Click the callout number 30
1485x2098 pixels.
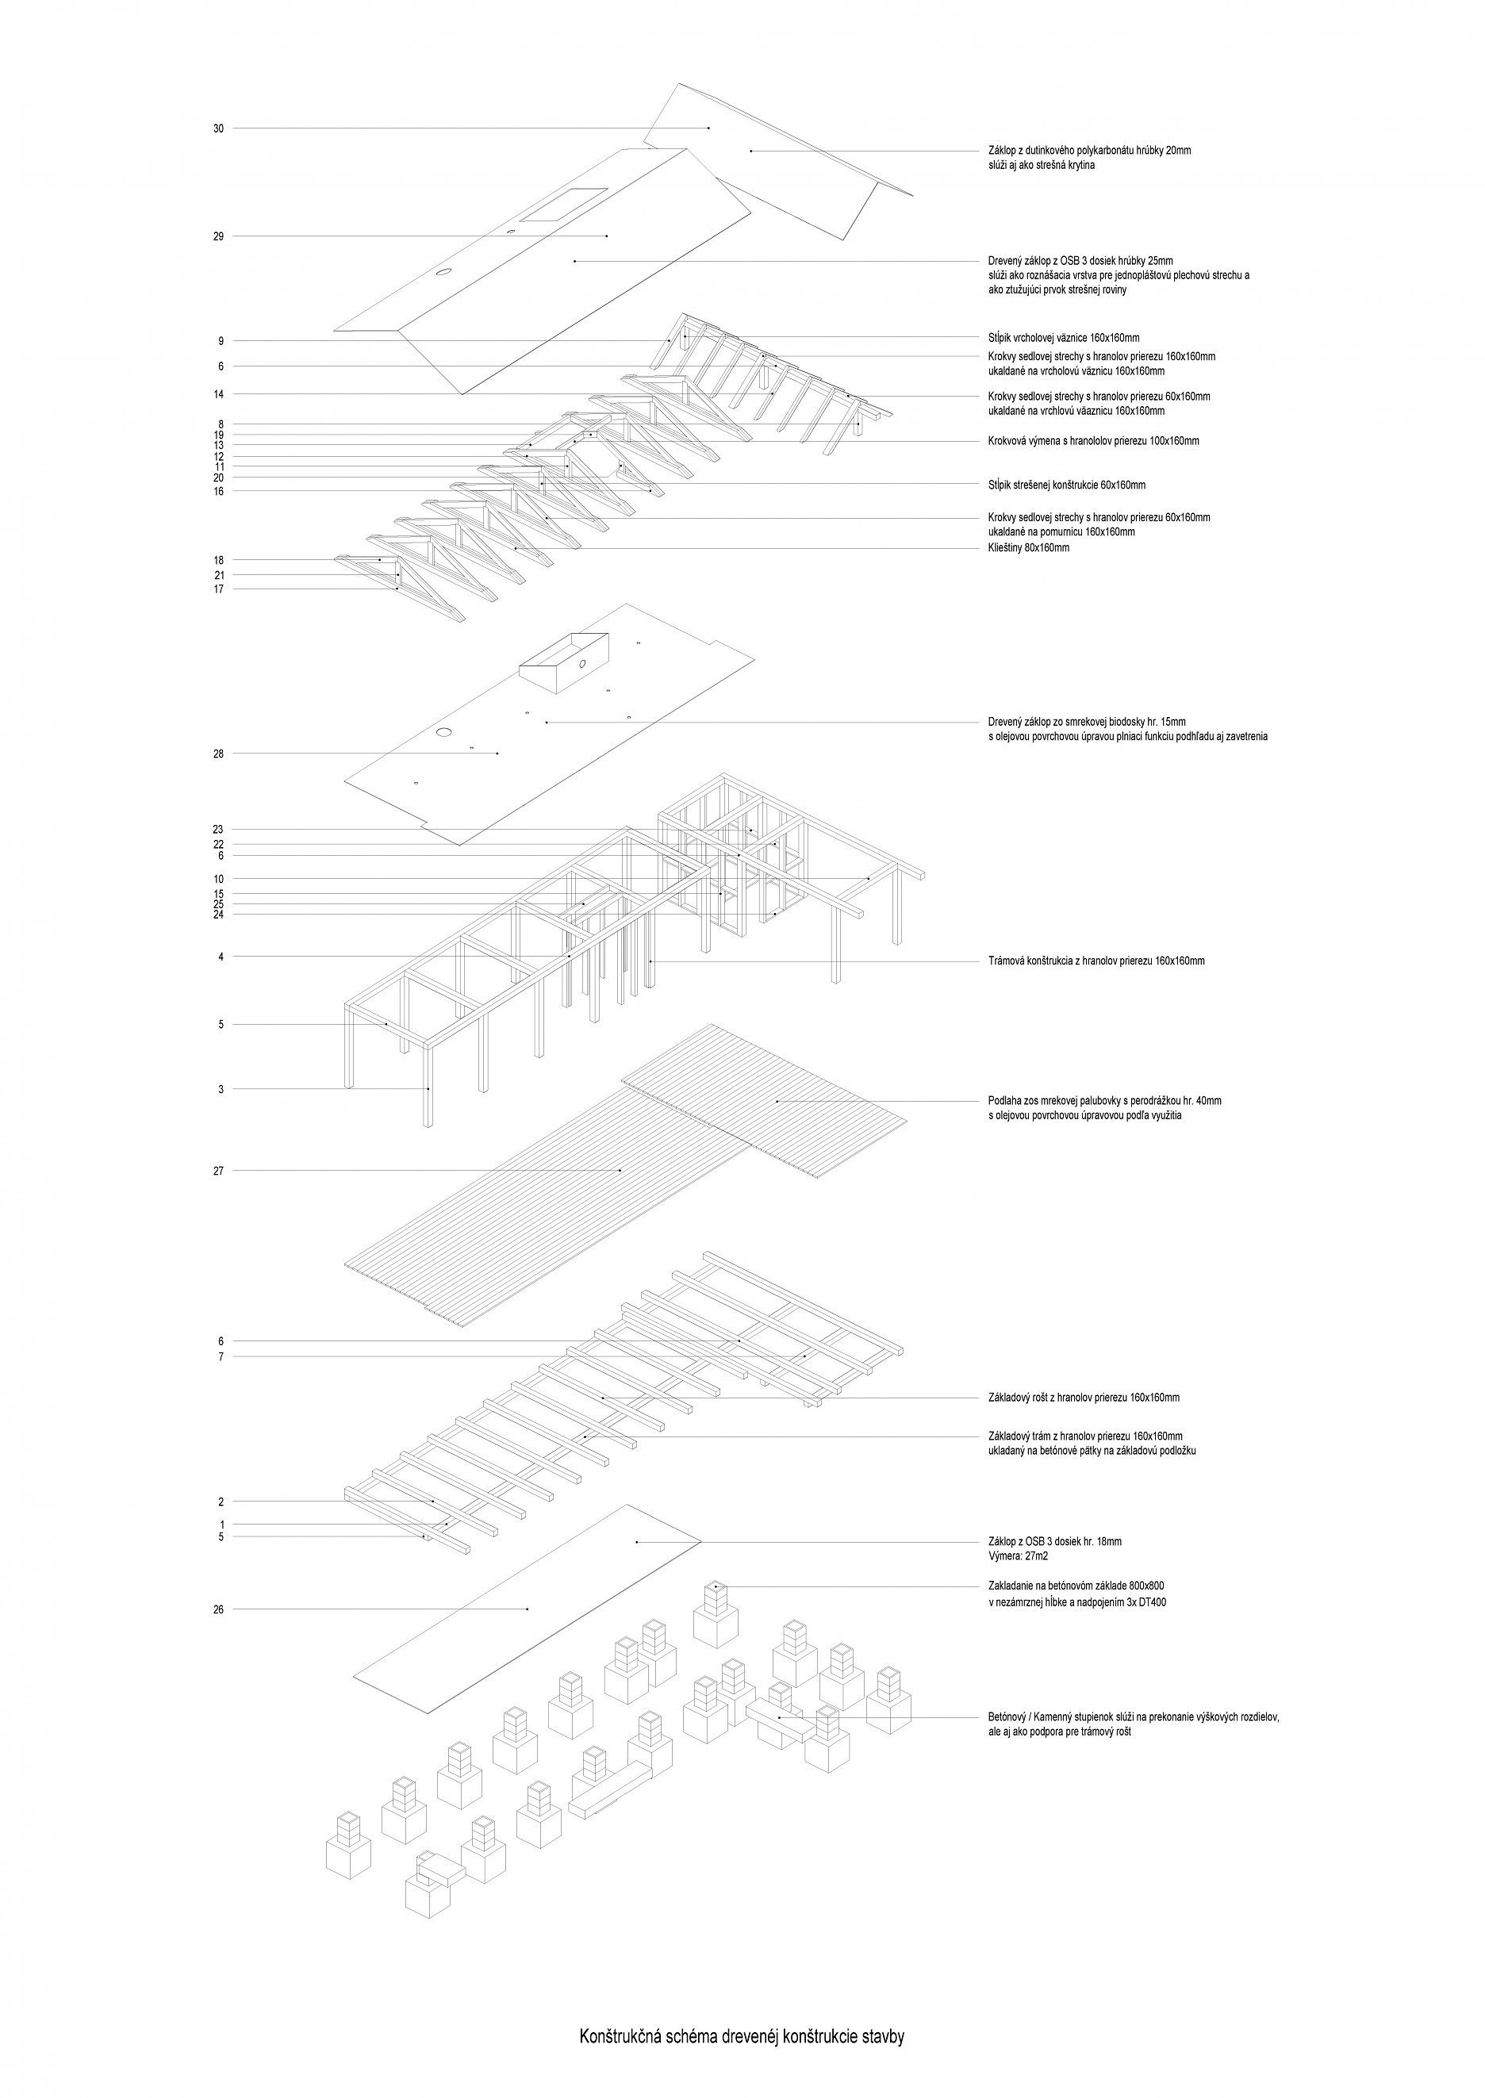pyautogui.click(x=218, y=129)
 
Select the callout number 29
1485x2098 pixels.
pyautogui.click(x=218, y=236)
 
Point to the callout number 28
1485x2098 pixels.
pyautogui.click(x=218, y=754)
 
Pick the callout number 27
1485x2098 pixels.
pyautogui.click(x=218, y=1170)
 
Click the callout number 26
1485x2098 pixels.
pyautogui.click(x=218, y=1636)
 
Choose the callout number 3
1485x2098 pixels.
pyautogui.click(x=221, y=1090)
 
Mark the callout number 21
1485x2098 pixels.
pyautogui.click(x=218, y=575)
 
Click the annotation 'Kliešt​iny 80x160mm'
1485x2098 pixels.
pyautogui.click(x=1029, y=549)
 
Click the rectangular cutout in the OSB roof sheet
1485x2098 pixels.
pyautogui.click(x=564, y=205)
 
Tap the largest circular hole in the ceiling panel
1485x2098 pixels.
pyautogui.click(x=443, y=731)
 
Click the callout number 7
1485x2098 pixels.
pyautogui.click(x=221, y=1356)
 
